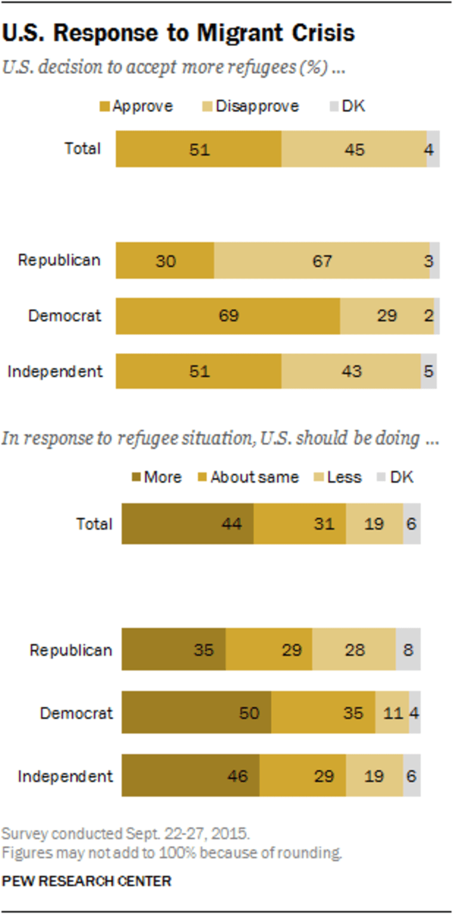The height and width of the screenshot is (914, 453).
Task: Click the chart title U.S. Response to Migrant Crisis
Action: pyautogui.click(x=178, y=34)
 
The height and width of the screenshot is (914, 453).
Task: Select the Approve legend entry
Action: pyautogui.click(x=137, y=106)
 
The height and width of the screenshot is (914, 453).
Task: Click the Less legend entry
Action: pyautogui.click(x=339, y=477)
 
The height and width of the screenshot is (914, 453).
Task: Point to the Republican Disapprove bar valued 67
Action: pyautogui.click(x=322, y=261)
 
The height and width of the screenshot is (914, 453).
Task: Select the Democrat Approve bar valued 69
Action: pyautogui.click(x=228, y=316)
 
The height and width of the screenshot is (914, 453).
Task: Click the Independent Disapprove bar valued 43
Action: pyautogui.click(x=351, y=371)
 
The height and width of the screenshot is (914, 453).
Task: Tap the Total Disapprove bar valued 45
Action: pyautogui.click(x=354, y=149)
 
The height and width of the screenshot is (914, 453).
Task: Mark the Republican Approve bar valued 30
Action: pyautogui.click(x=165, y=261)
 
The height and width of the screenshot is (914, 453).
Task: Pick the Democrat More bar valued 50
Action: pyautogui.click(x=197, y=712)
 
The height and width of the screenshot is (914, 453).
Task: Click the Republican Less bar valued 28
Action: pyautogui.click(x=354, y=649)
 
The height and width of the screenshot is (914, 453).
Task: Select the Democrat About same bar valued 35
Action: pyautogui.click(x=323, y=712)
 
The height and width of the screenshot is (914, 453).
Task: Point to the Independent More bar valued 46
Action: pyautogui.click(x=191, y=776)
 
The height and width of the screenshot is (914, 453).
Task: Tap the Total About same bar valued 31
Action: pyautogui.click(x=300, y=524)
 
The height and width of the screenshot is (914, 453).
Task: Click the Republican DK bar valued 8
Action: pyautogui.click(x=408, y=649)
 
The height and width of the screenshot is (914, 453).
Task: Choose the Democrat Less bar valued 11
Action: pyautogui.click(x=392, y=712)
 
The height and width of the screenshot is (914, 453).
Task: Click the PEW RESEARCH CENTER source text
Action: pyautogui.click(x=87, y=881)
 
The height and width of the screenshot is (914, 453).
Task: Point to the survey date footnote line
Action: pyautogui.click(x=126, y=833)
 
